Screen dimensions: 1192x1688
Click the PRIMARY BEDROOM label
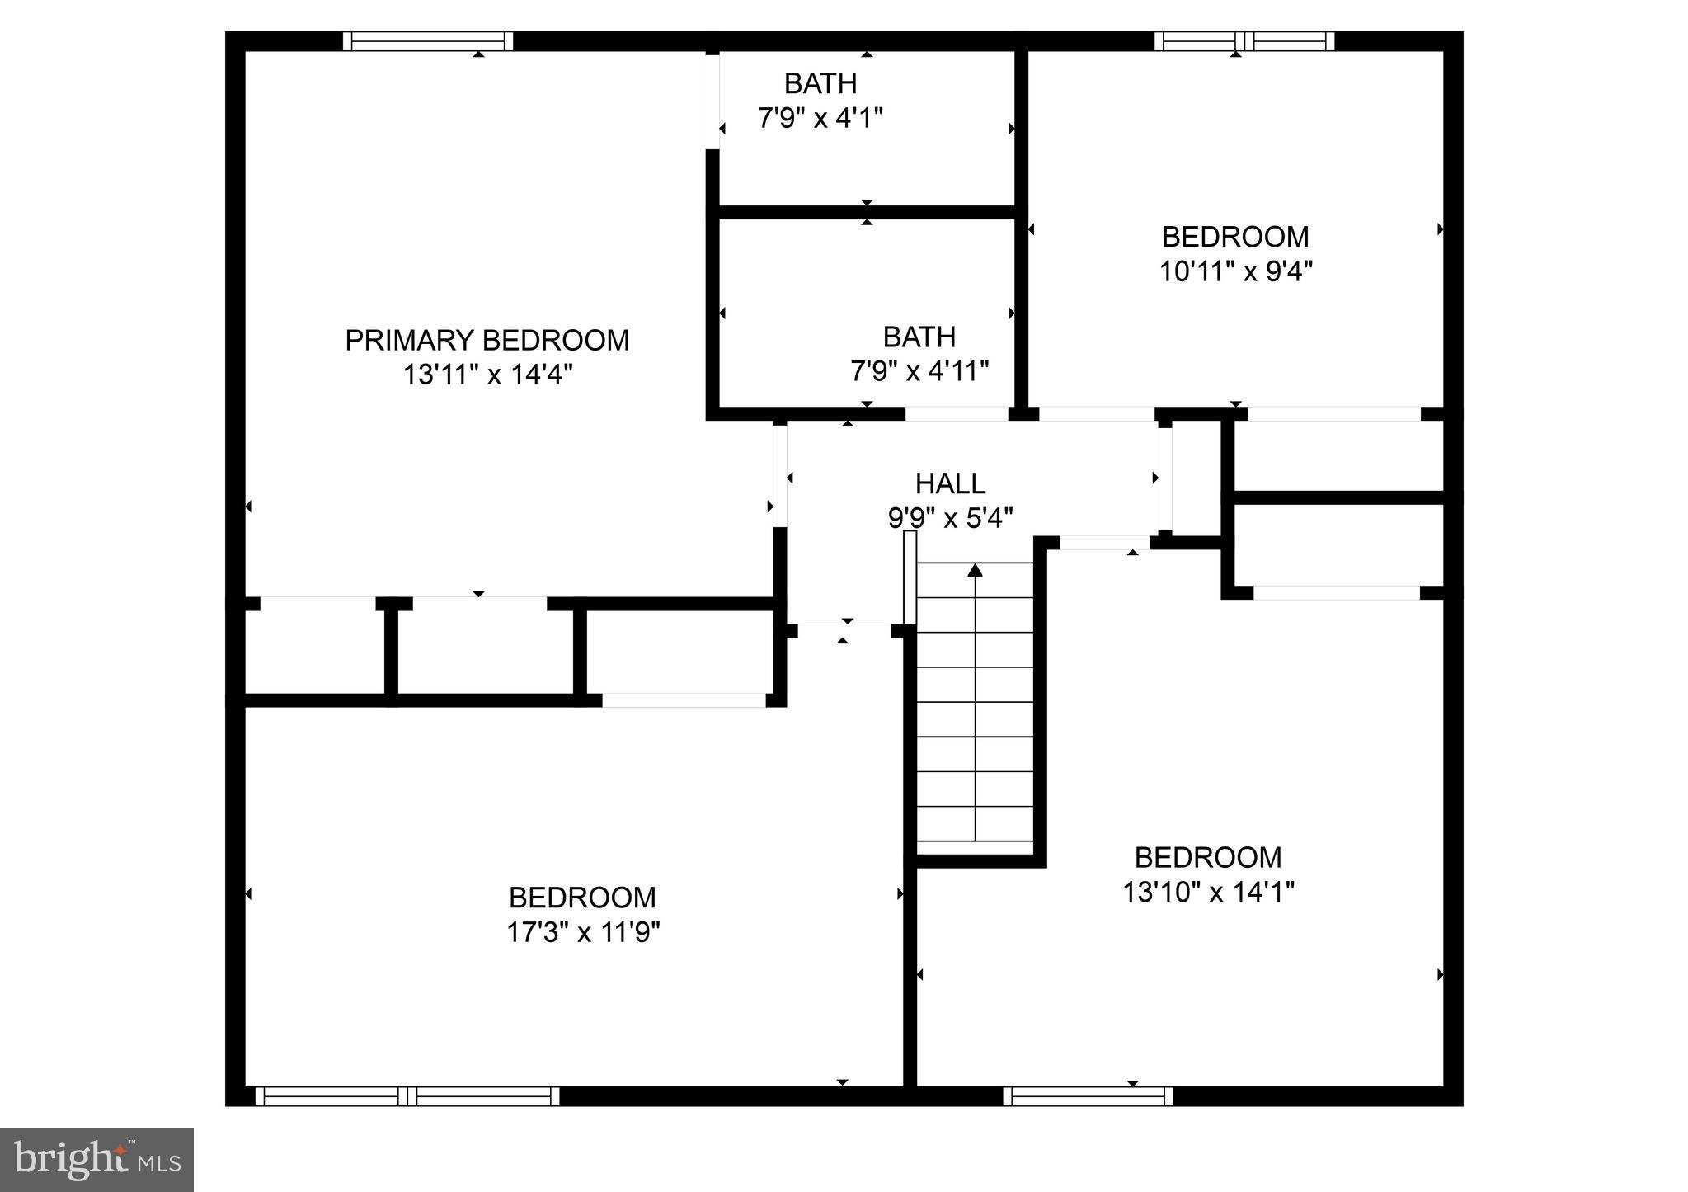(x=487, y=340)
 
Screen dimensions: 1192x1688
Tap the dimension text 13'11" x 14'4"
(x=487, y=375)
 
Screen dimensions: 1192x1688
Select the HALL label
(x=950, y=483)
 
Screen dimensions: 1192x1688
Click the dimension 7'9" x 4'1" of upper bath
(x=820, y=119)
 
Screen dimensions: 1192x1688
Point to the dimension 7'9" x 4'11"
(x=919, y=372)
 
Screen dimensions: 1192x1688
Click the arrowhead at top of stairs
(x=975, y=569)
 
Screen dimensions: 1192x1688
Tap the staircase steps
(x=975, y=709)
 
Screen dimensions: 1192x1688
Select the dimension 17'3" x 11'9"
(x=583, y=933)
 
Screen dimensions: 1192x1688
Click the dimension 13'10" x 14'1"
(x=1208, y=893)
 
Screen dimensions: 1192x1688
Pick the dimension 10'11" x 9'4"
(x=1235, y=271)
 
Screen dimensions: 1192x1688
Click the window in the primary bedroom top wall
(x=427, y=41)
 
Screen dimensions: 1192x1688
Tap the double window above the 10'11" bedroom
(x=1244, y=41)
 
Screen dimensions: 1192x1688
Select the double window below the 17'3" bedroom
(x=407, y=1096)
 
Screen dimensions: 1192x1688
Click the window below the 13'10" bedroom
(x=1088, y=1096)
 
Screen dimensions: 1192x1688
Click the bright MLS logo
(x=97, y=1160)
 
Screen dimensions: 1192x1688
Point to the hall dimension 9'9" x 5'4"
(x=950, y=519)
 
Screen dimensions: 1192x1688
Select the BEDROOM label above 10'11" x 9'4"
(x=1235, y=237)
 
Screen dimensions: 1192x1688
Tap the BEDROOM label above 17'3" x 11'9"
(x=582, y=898)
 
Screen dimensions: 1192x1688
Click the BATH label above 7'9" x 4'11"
(x=919, y=337)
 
